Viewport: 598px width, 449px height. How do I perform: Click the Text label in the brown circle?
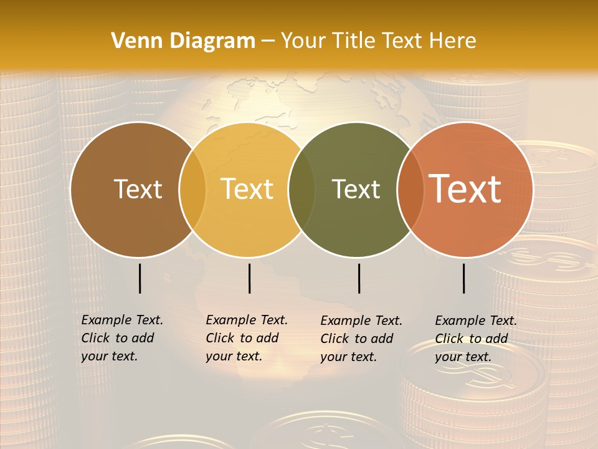point(138,189)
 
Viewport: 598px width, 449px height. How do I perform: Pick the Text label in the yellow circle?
point(247,189)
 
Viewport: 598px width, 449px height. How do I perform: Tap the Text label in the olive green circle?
point(356,189)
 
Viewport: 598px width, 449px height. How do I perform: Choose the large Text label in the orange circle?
point(465,189)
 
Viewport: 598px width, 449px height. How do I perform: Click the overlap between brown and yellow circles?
point(192,190)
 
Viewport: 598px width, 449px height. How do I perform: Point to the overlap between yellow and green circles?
point(301,190)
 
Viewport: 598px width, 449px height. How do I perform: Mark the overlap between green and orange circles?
point(410,190)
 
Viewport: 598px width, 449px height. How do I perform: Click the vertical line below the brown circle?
point(140,278)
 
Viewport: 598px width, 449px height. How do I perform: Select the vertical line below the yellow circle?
point(249,278)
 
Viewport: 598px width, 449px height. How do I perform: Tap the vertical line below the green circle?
point(359,278)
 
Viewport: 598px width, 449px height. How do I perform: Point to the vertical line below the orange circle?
point(464,278)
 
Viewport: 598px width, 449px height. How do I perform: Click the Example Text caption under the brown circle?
point(121,338)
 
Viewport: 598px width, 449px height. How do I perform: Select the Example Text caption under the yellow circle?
point(246,338)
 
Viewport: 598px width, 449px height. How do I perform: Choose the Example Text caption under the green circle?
point(361,339)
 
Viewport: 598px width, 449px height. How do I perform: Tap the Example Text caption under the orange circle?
point(475,339)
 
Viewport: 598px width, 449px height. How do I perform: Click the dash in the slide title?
point(268,42)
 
